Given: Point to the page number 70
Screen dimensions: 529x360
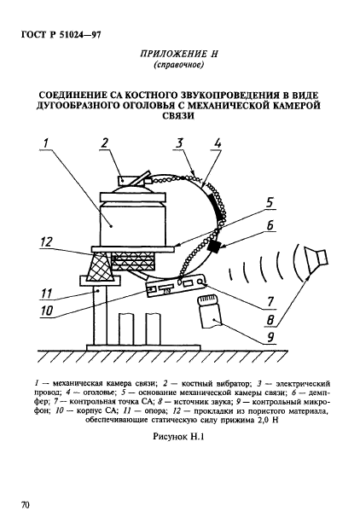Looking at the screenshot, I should (x=26, y=505).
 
